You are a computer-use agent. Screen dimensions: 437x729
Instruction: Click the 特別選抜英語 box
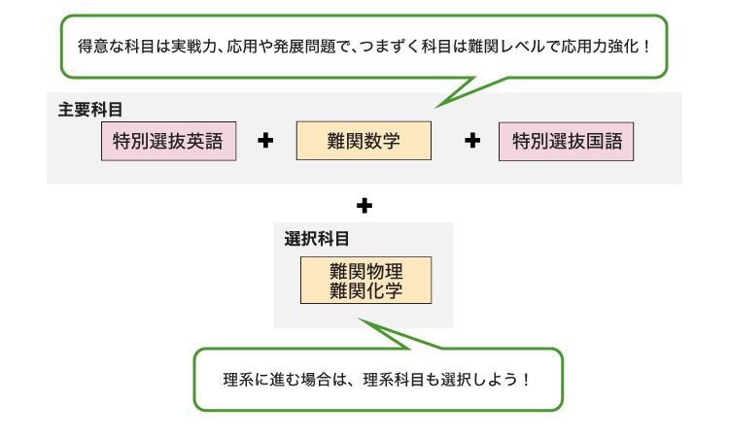168,141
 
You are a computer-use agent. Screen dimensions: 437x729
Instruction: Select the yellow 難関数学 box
364,141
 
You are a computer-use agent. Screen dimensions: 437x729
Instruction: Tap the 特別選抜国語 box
566,141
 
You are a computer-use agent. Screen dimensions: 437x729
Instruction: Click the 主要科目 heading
89,109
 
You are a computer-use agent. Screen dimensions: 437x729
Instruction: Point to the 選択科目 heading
317,238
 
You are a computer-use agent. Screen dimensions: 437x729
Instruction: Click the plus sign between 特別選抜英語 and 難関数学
265,142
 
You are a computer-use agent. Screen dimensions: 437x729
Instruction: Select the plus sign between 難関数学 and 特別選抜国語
472,142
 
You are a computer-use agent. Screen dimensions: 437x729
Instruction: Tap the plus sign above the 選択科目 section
364,206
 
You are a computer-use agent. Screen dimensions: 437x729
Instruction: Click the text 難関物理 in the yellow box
365,271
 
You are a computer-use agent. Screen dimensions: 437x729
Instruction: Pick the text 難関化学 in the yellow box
365,290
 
